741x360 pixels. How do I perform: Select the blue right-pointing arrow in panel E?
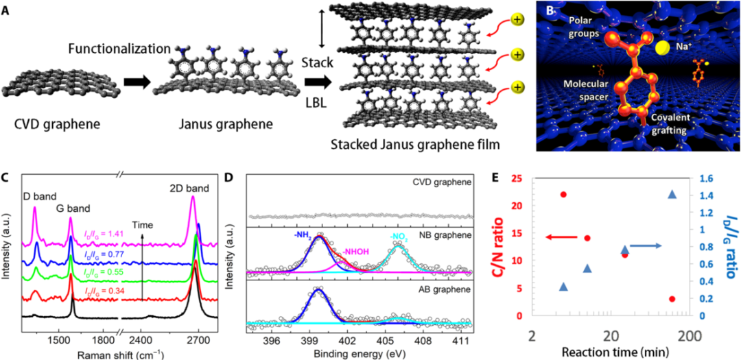pyautogui.click(x=646, y=245)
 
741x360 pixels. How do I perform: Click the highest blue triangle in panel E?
pyautogui.click(x=672, y=195)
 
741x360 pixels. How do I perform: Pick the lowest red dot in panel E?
pyautogui.click(x=672, y=299)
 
